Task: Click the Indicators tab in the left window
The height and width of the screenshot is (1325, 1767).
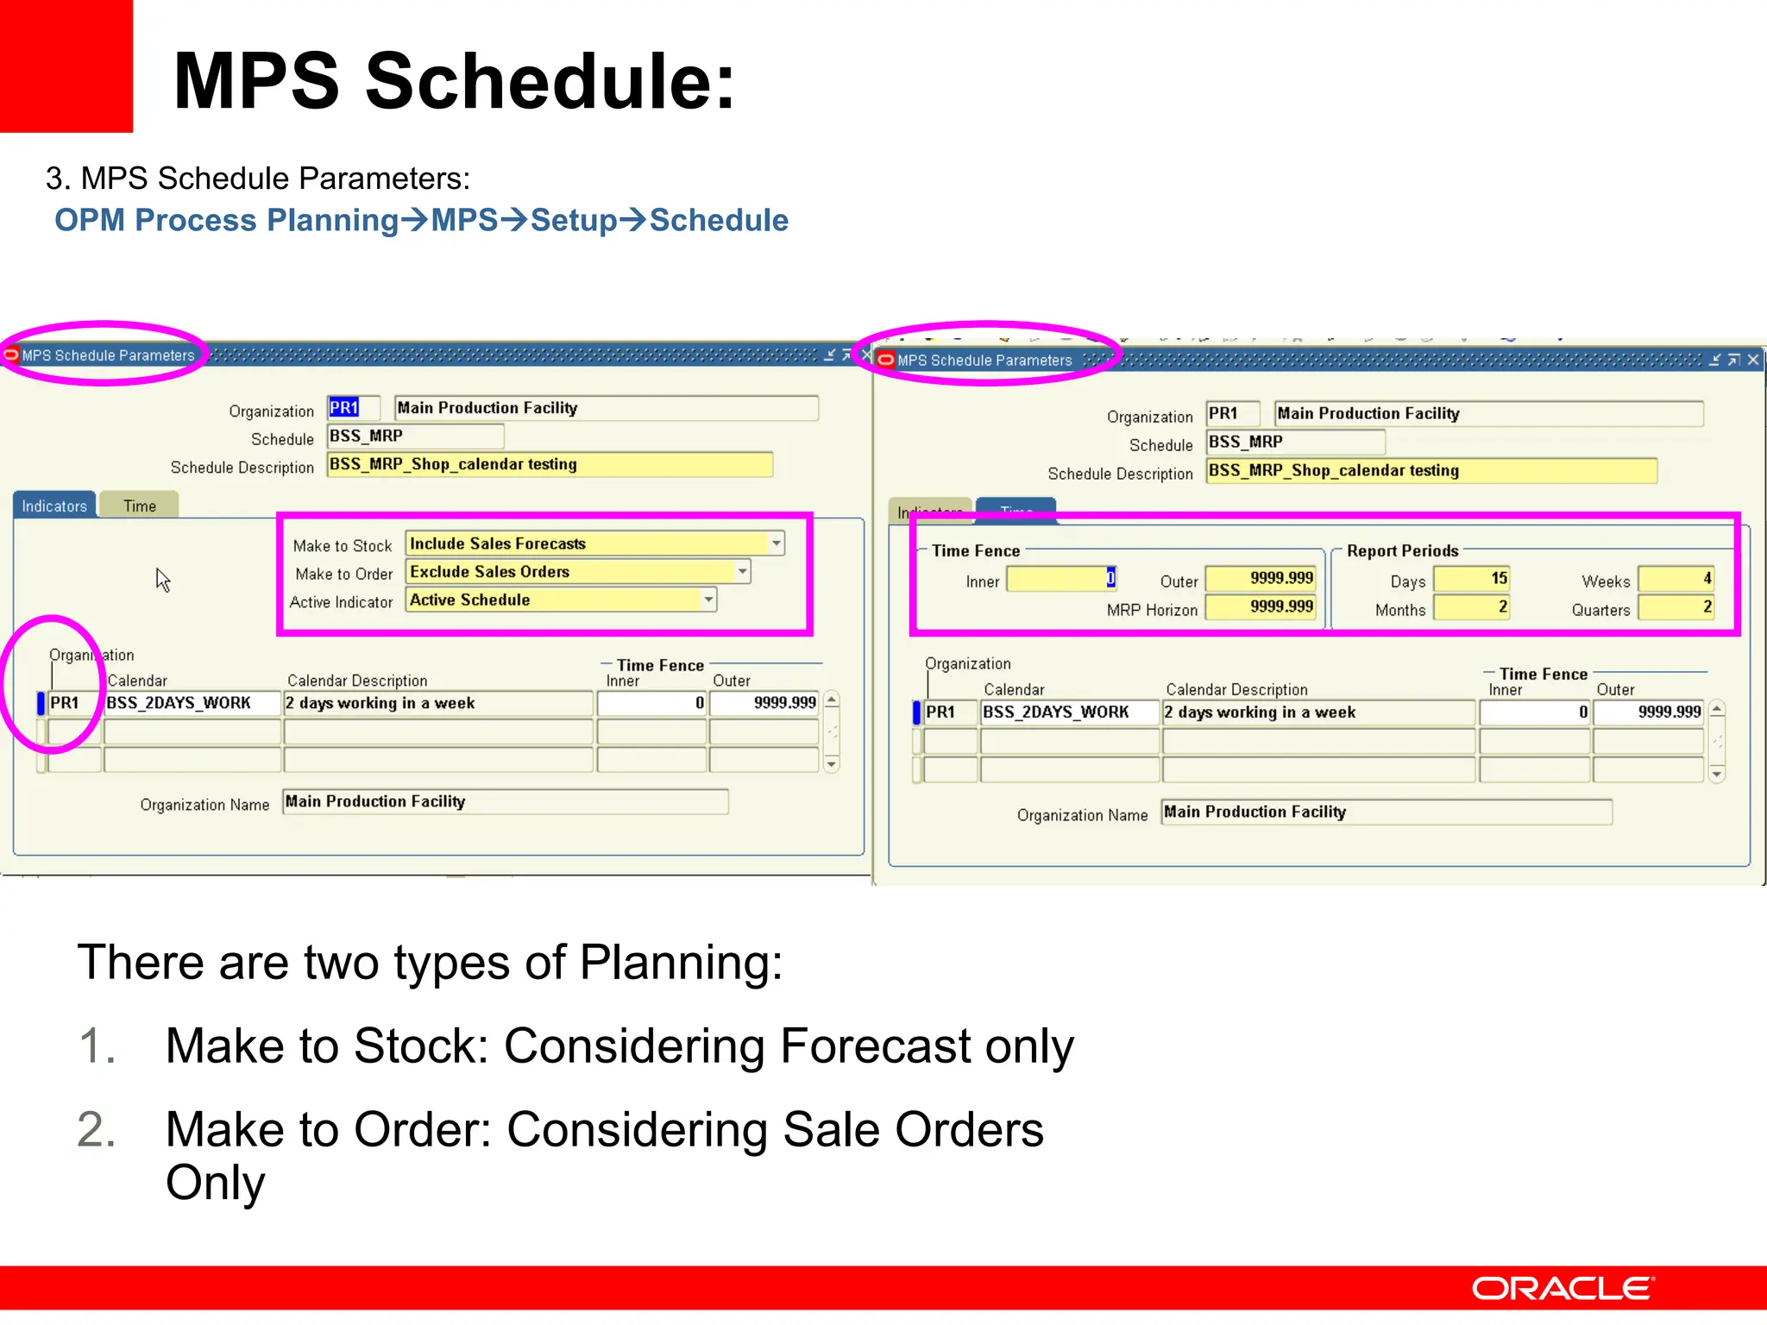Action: (54, 506)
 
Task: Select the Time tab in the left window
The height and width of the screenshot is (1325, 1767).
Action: (139, 506)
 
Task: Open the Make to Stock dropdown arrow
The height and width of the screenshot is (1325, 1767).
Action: (777, 543)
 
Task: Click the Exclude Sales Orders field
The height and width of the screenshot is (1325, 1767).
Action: (569, 572)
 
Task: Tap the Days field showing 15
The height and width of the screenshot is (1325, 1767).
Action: (1471, 579)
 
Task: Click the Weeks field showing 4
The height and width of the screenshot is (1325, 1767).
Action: (1676, 579)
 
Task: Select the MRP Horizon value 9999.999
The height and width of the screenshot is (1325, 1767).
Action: (1261, 607)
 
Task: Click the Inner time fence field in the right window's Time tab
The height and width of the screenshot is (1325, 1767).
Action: (1060, 579)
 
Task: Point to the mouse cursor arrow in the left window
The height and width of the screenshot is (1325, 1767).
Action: (161, 578)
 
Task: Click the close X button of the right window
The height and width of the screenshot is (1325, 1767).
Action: (1752, 360)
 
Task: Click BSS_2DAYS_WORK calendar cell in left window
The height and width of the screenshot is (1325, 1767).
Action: (192, 703)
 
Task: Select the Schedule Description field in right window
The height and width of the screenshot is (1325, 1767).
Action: (1431, 471)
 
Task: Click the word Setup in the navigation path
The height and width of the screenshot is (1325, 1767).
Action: (574, 221)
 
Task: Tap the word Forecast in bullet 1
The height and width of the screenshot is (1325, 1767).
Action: (875, 1046)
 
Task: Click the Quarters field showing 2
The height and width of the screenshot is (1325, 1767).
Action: (1676, 607)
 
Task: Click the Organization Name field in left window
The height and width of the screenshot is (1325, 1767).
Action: (505, 801)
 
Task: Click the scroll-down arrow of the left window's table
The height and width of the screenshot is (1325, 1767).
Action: (832, 764)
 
